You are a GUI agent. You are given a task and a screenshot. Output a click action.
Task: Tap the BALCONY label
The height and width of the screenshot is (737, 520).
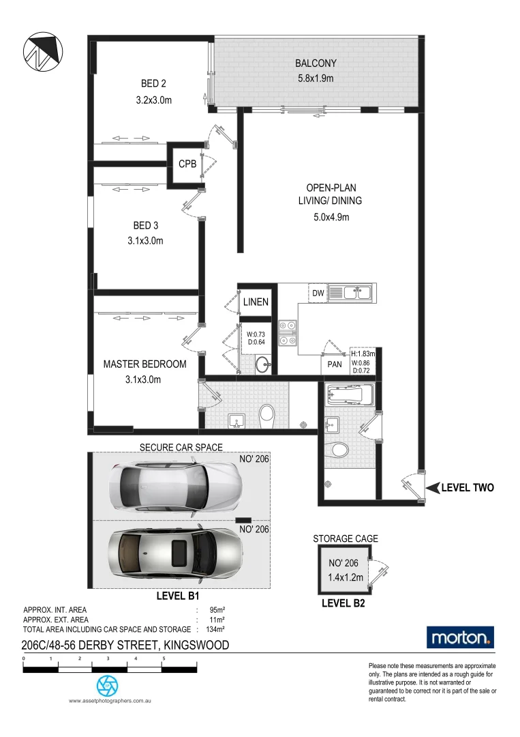pos(316,63)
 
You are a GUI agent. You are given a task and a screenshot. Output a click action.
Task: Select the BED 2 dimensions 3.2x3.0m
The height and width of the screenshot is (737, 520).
pos(153,100)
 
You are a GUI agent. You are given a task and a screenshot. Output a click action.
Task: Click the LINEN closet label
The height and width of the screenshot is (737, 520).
pos(256,302)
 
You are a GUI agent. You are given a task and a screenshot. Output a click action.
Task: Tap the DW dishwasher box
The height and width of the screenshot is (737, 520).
pos(318,293)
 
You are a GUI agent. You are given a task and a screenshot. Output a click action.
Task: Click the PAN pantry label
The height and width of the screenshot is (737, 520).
pos(334,364)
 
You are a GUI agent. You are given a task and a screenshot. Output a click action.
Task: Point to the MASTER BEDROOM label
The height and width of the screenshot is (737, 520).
pos(144,364)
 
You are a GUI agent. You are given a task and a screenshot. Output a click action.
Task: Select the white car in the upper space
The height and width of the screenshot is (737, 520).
pos(175,485)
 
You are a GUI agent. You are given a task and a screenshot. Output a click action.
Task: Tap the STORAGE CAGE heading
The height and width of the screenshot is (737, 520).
pos(345,538)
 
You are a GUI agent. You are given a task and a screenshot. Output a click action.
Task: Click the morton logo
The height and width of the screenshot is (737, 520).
pos(460,637)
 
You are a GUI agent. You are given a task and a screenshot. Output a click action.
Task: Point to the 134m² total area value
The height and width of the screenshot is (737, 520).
pos(215,629)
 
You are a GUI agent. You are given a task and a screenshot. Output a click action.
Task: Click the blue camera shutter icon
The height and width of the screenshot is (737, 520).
pos(107,684)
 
